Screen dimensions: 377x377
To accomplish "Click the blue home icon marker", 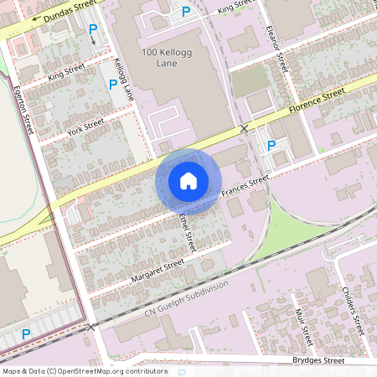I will pyautogui.click(x=188, y=181).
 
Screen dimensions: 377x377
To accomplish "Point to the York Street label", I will pyautogui.click(x=85, y=127).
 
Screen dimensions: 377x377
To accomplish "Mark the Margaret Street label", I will pyautogui.click(x=158, y=270).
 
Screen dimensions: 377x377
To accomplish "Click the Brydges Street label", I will pyautogui.click(x=318, y=360).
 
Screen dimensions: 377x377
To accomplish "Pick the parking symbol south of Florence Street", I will pyautogui.click(x=271, y=146).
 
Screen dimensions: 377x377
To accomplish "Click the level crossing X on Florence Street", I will pyautogui.click(x=244, y=128).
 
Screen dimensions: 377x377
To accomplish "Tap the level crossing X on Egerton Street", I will pyautogui.click(x=90, y=327).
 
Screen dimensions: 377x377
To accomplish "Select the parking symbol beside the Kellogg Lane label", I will pyautogui.click(x=112, y=84).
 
